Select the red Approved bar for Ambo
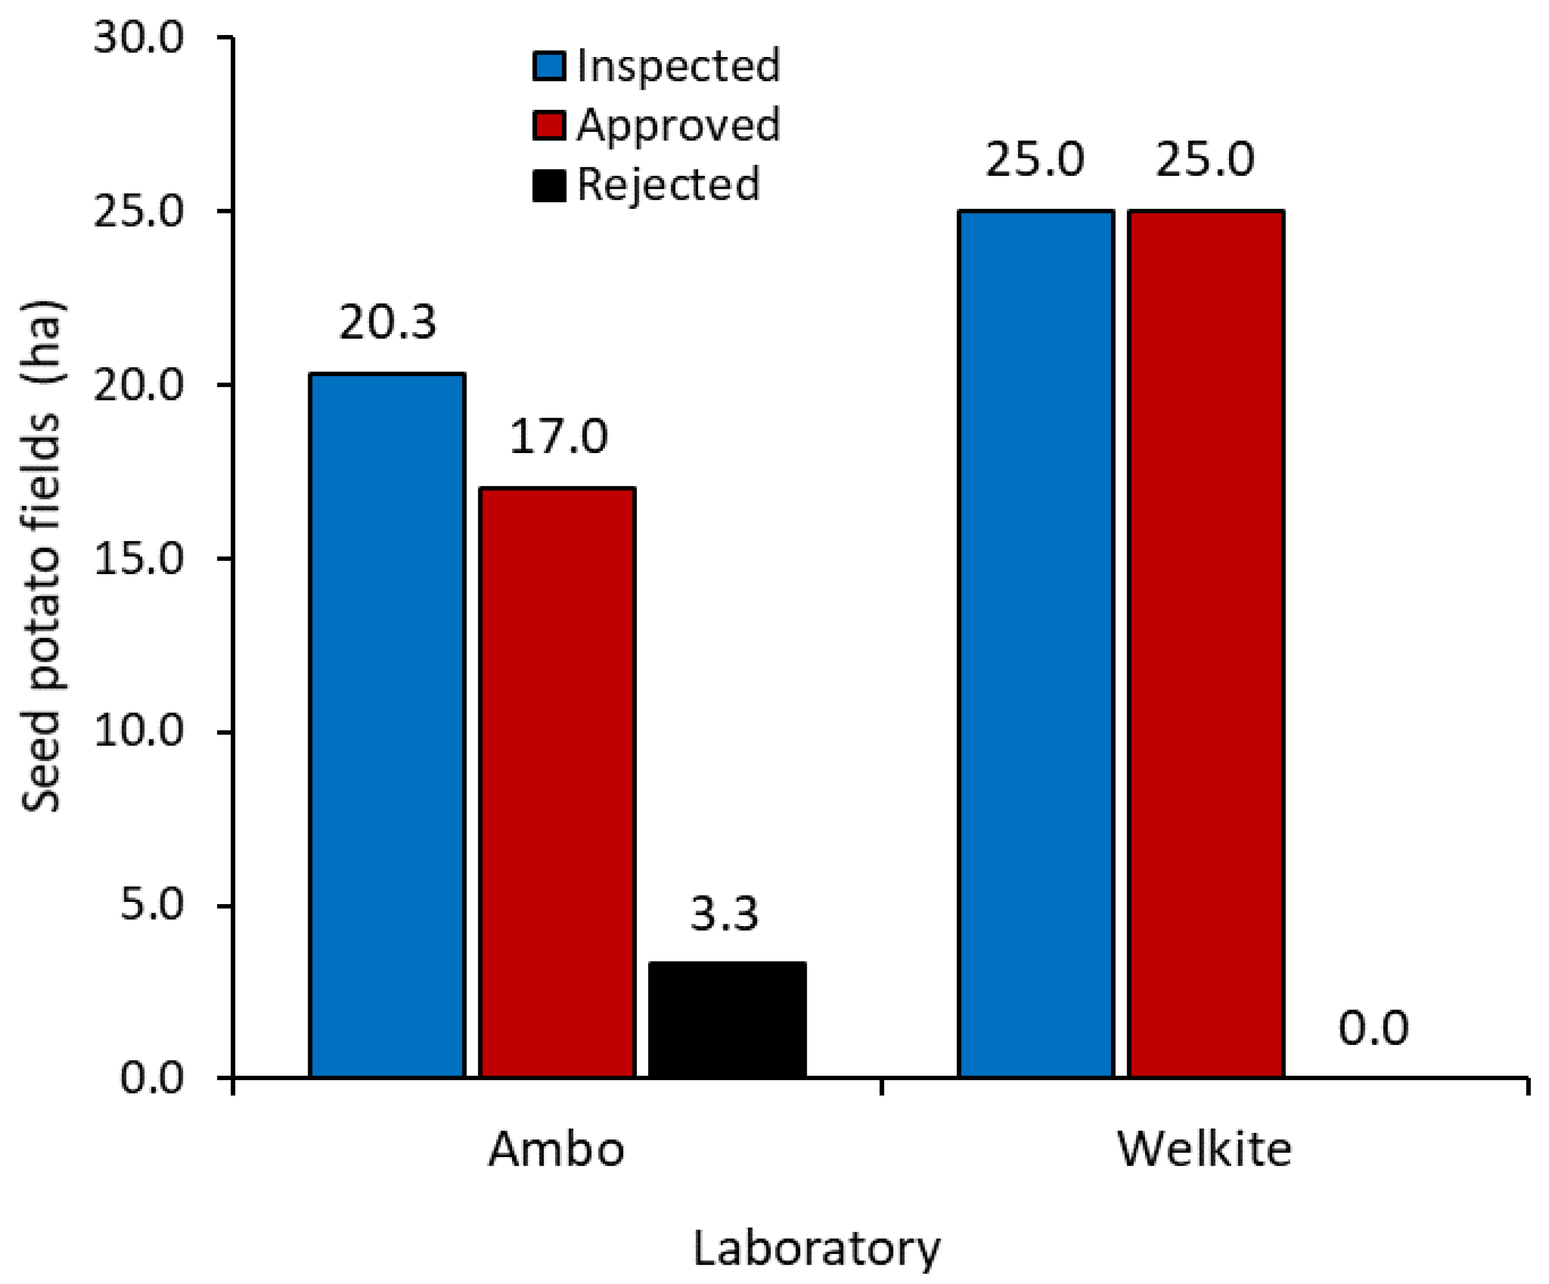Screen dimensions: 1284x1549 pos(557,782)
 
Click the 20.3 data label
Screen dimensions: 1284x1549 pos(388,322)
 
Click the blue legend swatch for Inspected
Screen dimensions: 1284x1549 pos(549,66)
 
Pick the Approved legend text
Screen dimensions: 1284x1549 pos(678,125)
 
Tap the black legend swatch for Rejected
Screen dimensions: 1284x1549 pos(549,185)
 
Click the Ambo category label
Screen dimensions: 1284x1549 pos(557,1149)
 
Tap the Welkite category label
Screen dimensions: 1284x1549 pos(1205,1149)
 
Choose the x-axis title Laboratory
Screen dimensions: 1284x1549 pos(816,1250)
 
